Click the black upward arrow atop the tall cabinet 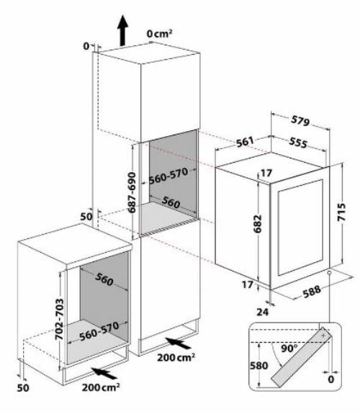(x=122, y=30)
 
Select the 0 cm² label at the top (x=160, y=34)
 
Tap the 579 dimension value (x=300, y=121)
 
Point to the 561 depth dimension (x=245, y=142)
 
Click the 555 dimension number (x=298, y=143)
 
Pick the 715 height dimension (x=341, y=212)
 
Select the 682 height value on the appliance (x=257, y=224)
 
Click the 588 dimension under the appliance (x=312, y=292)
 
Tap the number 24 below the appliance (x=263, y=312)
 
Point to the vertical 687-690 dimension (x=132, y=192)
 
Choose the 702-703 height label (x=59, y=319)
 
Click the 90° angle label (x=289, y=348)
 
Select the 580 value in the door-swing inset (x=259, y=366)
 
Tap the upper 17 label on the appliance (x=266, y=173)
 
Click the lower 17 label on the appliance (x=248, y=284)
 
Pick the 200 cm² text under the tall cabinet (x=176, y=358)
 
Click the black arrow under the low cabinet (x=104, y=373)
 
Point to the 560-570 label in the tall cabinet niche (x=168, y=176)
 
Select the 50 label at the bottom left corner (x=23, y=388)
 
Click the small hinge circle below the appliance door (x=329, y=273)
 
